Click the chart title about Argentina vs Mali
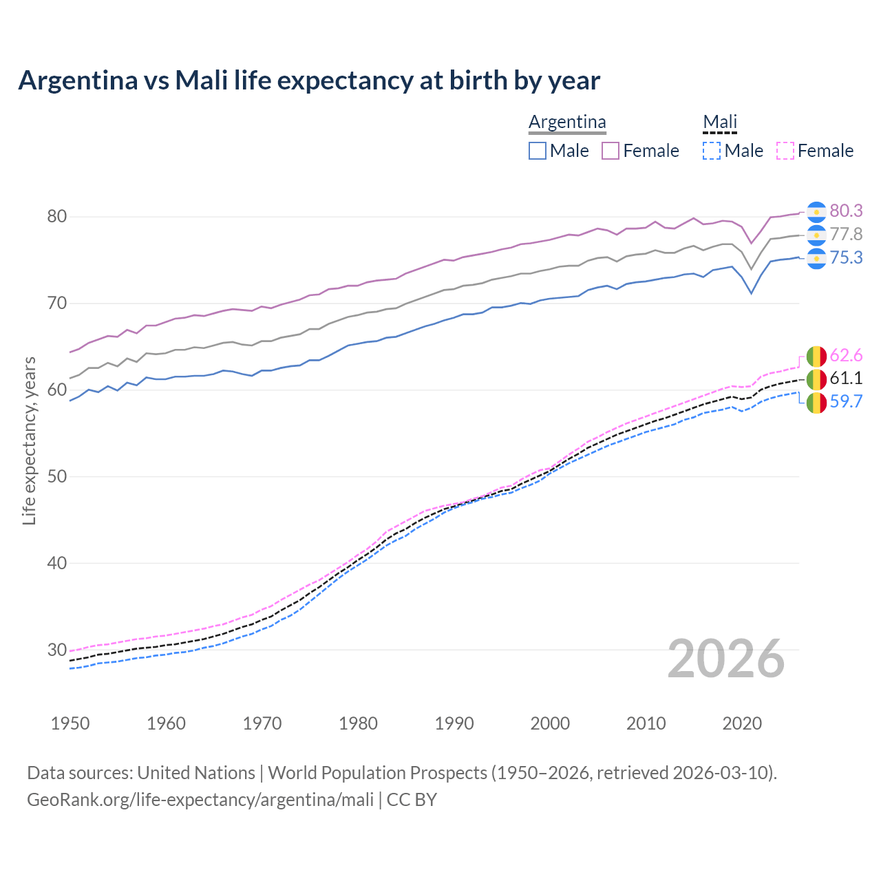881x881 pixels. pyautogui.click(x=309, y=81)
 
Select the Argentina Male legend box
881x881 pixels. pyautogui.click(x=538, y=151)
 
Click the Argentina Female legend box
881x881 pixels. pyautogui.click(x=611, y=151)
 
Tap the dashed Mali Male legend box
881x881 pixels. pyautogui.click(x=712, y=151)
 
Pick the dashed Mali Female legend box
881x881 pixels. pyautogui.click(x=785, y=151)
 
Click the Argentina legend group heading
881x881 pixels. pyautogui.click(x=567, y=123)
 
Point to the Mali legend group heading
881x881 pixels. pyautogui.click(x=719, y=123)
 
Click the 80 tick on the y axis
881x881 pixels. pyautogui.click(x=56, y=217)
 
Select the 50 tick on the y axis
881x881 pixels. pyautogui.click(x=56, y=476)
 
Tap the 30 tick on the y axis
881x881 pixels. pyautogui.click(x=56, y=650)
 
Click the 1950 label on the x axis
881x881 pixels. pyautogui.click(x=70, y=723)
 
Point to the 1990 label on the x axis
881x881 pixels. pyautogui.click(x=454, y=723)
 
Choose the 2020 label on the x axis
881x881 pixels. pyautogui.click(x=742, y=723)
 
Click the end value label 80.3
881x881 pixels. pyautogui.click(x=846, y=211)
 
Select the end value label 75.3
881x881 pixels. pyautogui.click(x=846, y=257)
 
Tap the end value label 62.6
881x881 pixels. pyautogui.click(x=846, y=355)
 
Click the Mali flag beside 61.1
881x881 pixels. pyautogui.click(x=816, y=379)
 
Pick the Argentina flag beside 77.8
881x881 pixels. pyautogui.click(x=816, y=235)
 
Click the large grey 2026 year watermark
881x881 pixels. pyautogui.click(x=726, y=659)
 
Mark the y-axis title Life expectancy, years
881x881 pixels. pyautogui.click(x=29, y=440)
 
